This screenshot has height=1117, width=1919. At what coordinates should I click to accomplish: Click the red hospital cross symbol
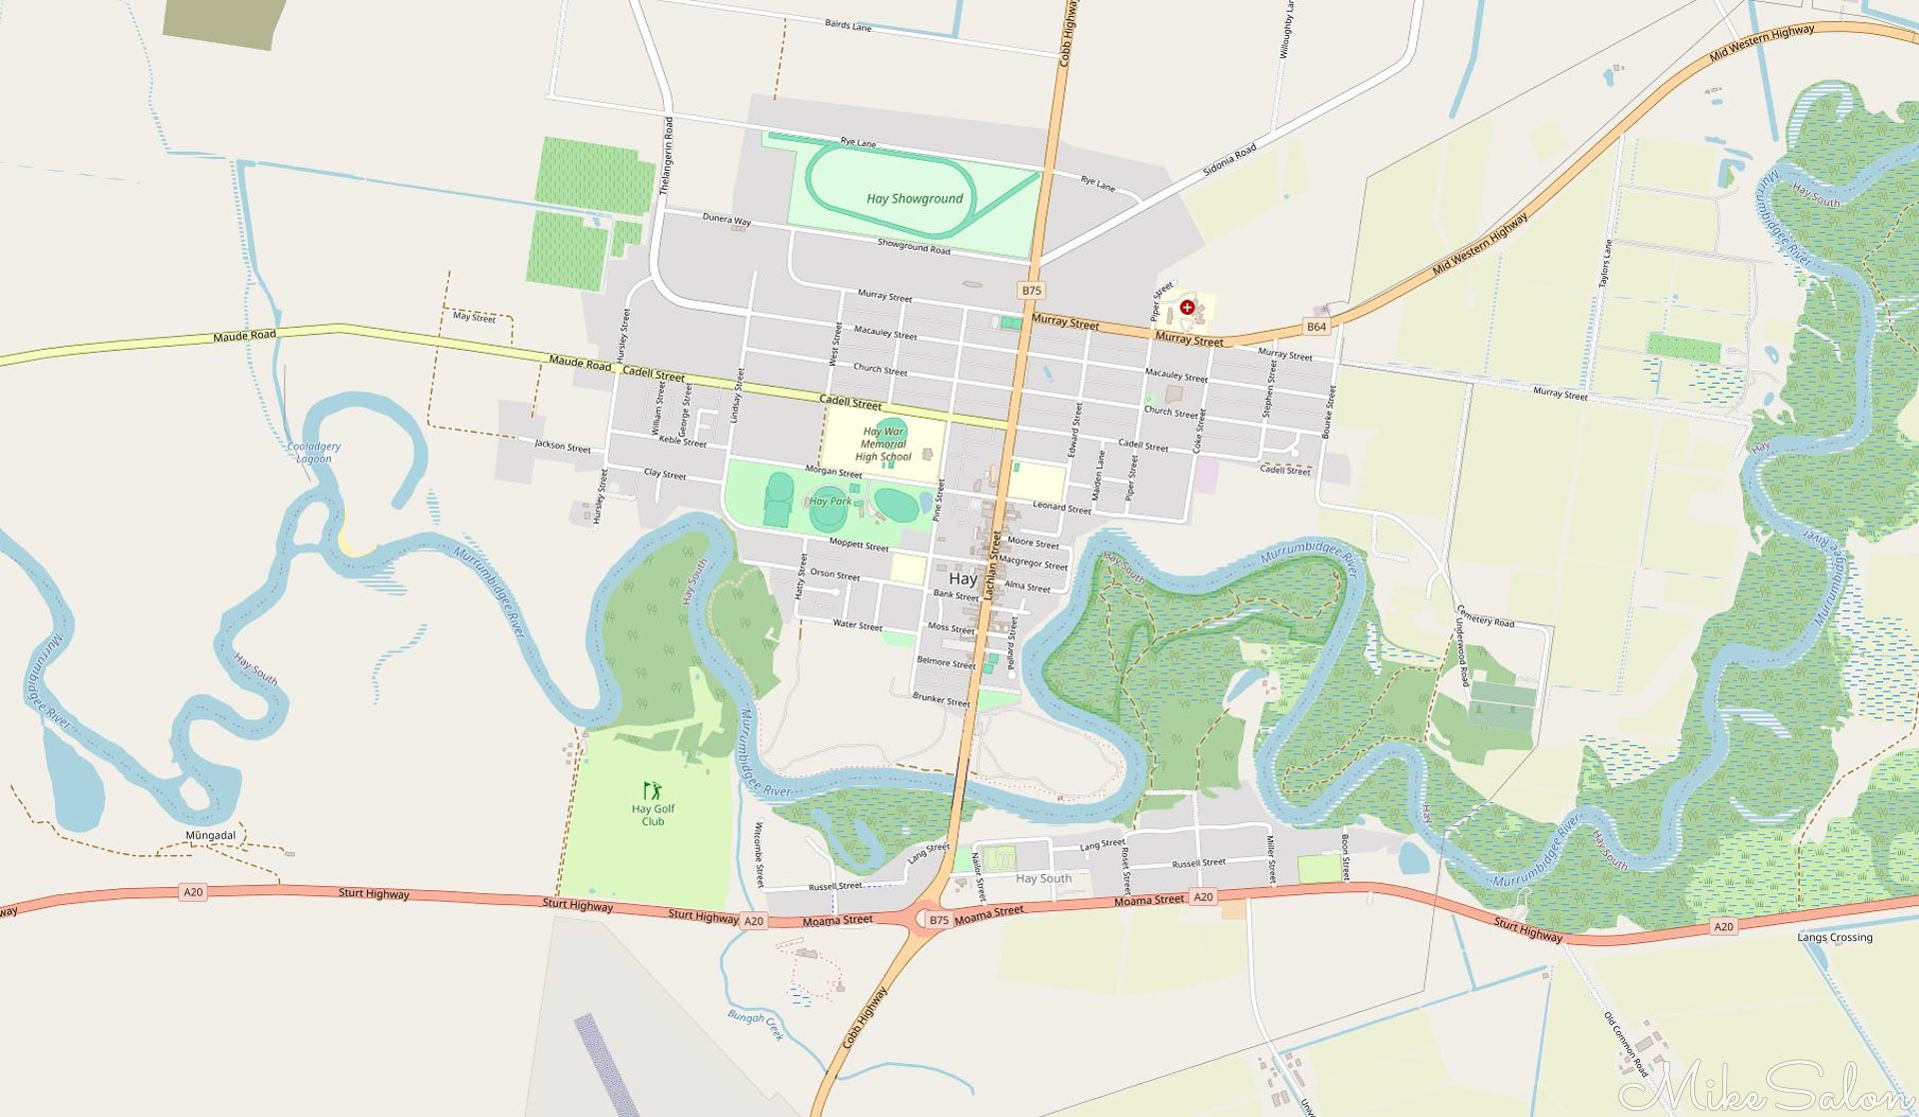pos(1186,308)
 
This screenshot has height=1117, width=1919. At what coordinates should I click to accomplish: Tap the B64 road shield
pos(1316,327)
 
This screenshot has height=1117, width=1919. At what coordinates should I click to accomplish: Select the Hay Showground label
pos(915,199)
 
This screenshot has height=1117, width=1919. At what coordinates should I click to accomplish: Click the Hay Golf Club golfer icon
pos(653,791)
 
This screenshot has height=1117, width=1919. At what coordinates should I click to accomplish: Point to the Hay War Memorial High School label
pos(884,445)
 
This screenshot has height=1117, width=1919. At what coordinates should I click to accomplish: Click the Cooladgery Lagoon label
pos(314,453)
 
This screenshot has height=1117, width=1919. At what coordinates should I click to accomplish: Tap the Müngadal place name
pos(211,835)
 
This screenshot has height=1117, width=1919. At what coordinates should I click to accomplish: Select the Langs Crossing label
pos(1834,937)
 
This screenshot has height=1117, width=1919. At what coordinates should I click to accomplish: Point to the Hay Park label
pos(831,502)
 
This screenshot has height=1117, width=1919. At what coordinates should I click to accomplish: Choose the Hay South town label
pos(1043,878)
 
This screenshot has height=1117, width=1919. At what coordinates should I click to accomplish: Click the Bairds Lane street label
pos(848,25)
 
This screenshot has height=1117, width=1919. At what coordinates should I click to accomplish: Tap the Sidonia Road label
pos(1229,160)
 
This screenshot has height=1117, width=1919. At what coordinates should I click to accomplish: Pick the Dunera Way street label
pos(727,218)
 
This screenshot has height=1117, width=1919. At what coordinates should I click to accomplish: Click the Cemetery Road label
pos(1485,616)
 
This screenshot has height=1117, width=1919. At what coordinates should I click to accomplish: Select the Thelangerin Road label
pos(667,155)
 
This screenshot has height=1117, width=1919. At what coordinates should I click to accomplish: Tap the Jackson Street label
pos(563,447)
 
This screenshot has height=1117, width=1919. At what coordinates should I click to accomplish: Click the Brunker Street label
pos(941,698)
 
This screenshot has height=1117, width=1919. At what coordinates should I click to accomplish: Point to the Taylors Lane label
pos(1605,264)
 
